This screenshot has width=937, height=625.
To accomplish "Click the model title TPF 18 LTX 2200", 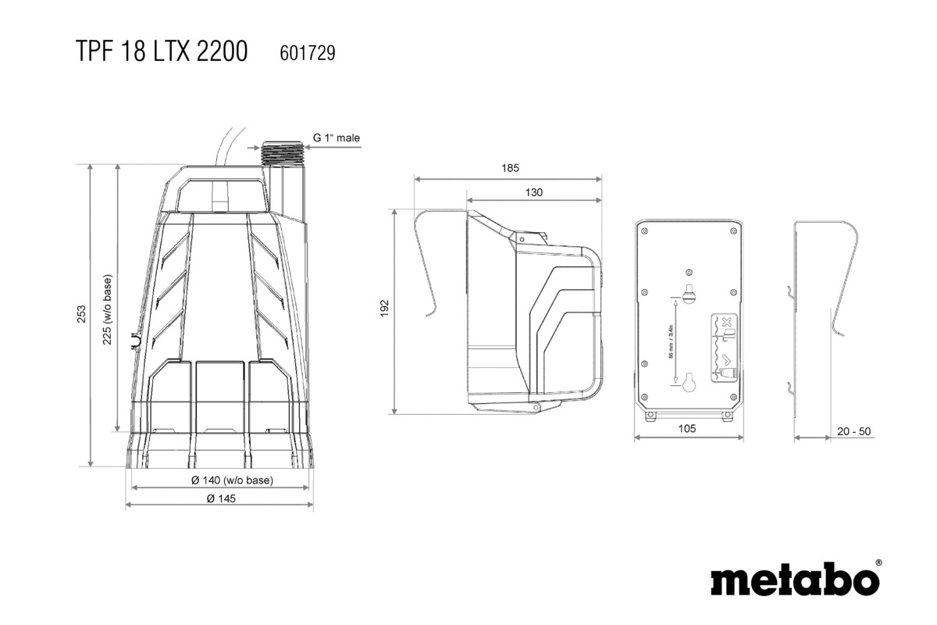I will coord(162,52).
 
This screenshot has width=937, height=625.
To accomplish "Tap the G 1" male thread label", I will coord(337,138).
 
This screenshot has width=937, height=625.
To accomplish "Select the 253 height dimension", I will coord(81,314).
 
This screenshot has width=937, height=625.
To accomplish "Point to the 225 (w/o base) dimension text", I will coord(108,309).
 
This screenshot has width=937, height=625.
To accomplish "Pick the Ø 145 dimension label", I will coord(221,498).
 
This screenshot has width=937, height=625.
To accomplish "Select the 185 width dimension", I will coord(509,168).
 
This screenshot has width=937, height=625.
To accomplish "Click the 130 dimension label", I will coord(534,191).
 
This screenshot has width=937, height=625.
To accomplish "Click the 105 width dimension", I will coord(686,428).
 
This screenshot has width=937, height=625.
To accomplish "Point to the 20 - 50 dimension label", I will coord(853,431).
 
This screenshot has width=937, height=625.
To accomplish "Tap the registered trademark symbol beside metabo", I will coord(878,562).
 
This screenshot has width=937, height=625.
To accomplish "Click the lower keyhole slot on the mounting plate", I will coord(689,384).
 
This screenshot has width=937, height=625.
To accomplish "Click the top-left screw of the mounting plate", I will coord(646,231).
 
